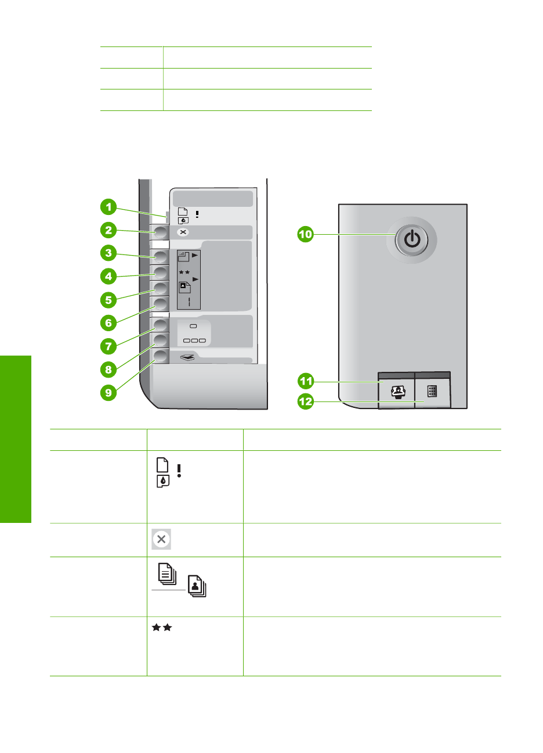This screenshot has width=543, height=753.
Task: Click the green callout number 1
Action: pyautogui.click(x=108, y=207)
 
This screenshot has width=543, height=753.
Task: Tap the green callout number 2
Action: pyautogui.click(x=108, y=230)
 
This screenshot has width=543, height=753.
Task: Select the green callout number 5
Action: pyautogui.click(x=108, y=300)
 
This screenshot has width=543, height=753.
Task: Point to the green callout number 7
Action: pyautogui.click(x=108, y=346)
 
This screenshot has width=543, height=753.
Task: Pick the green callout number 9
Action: pyautogui.click(x=108, y=393)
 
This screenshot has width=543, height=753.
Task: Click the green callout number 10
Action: pyautogui.click(x=305, y=234)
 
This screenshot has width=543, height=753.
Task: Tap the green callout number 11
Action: pyautogui.click(x=305, y=381)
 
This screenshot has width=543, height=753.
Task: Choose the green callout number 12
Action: pyautogui.click(x=305, y=401)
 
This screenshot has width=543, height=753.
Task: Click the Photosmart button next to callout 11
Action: pyautogui.click(x=398, y=392)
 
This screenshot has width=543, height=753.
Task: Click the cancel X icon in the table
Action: pyautogui.click(x=161, y=539)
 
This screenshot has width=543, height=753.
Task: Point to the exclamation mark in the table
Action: pyautogui.click(x=179, y=471)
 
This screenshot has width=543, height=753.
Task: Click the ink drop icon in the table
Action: pyautogui.click(x=162, y=481)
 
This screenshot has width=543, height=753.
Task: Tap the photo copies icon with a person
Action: pyautogui.click(x=196, y=586)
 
